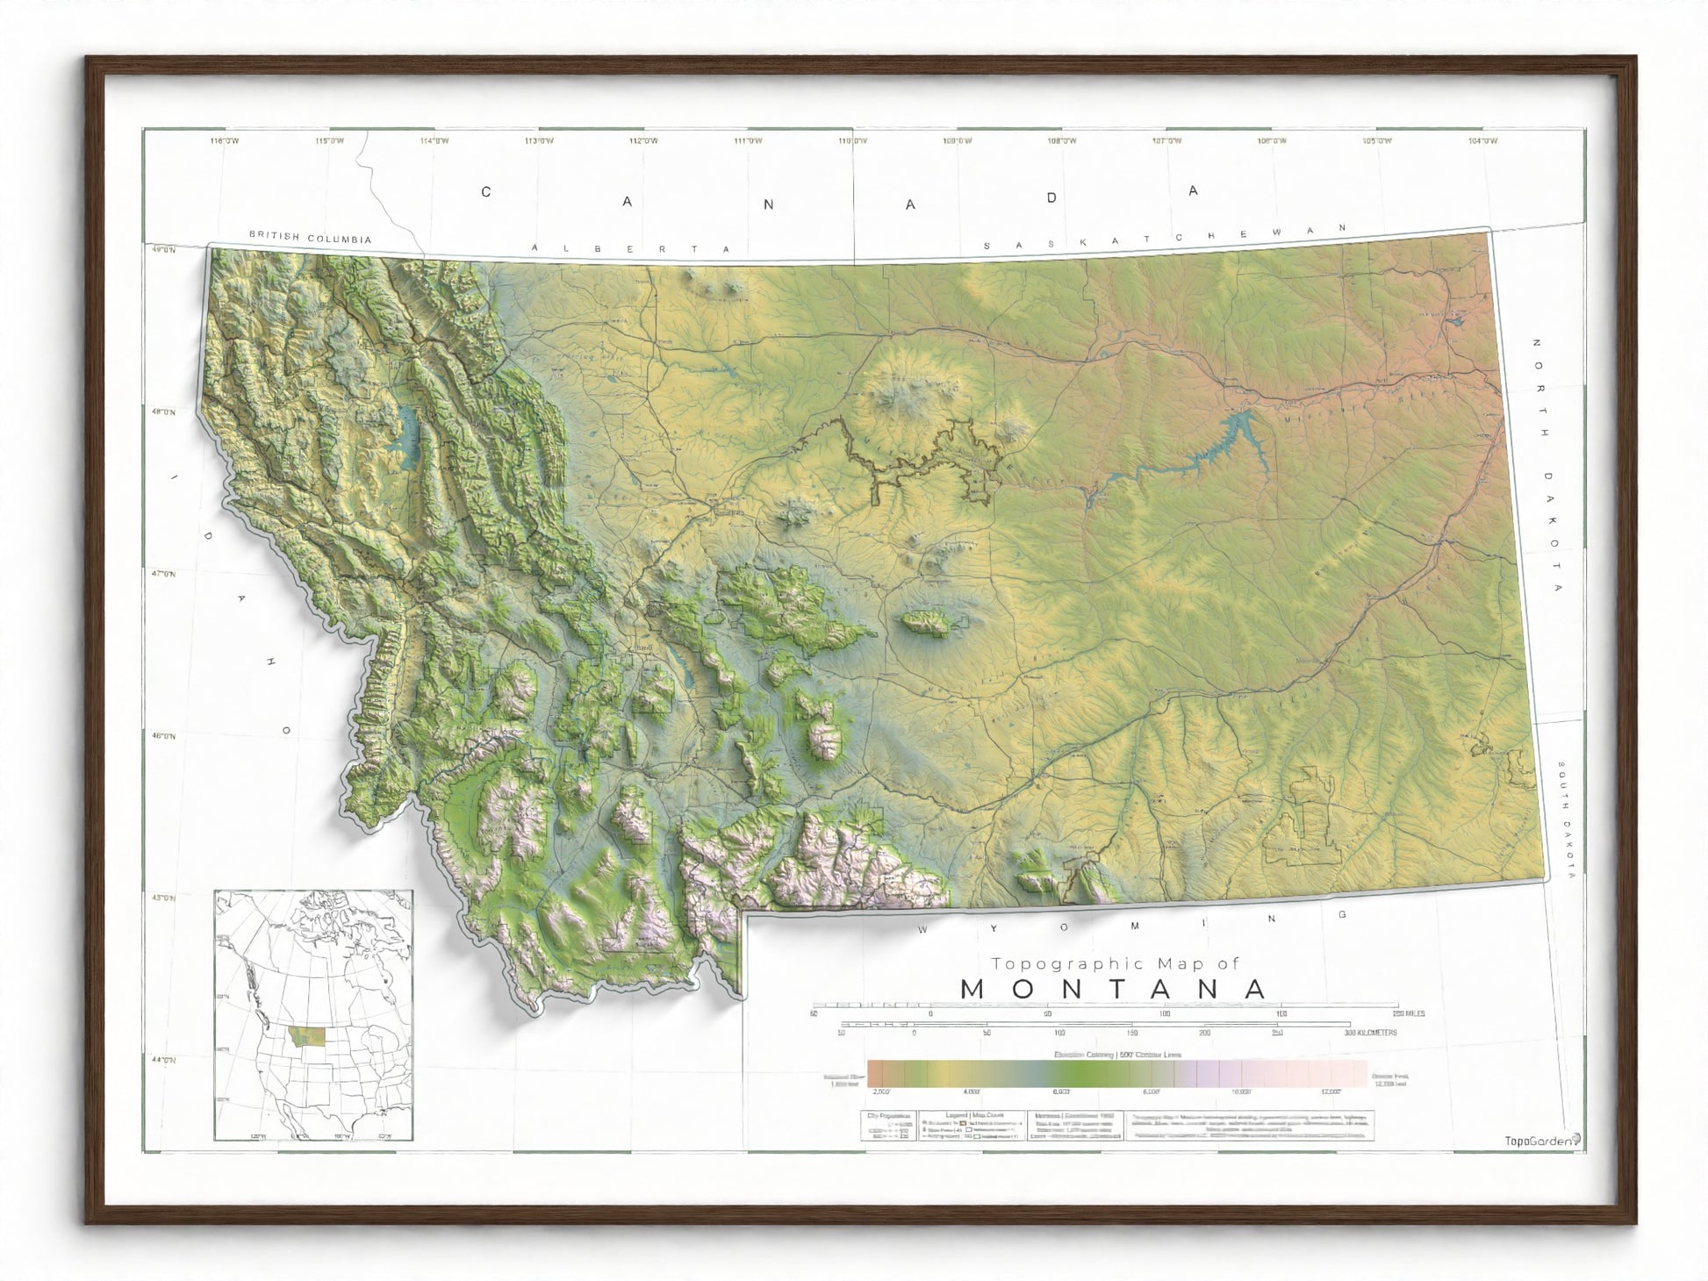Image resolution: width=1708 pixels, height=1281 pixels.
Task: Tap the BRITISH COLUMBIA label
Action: pyautogui.click(x=310, y=237)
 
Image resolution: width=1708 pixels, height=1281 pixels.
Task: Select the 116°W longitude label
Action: pyautogui.click(x=225, y=140)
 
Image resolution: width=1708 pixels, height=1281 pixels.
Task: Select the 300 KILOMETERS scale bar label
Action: pyautogui.click(x=1370, y=1033)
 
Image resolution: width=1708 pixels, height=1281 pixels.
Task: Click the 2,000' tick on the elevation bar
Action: pyautogui.click(x=881, y=1091)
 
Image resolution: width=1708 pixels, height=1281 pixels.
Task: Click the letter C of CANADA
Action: pyautogui.click(x=486, y=191)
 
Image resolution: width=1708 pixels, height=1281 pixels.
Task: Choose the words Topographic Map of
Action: pyautogui.click(x=1115, y=963)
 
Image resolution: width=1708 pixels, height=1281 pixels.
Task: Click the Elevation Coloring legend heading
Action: pyautogui.click(x=1116, y=1055)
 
